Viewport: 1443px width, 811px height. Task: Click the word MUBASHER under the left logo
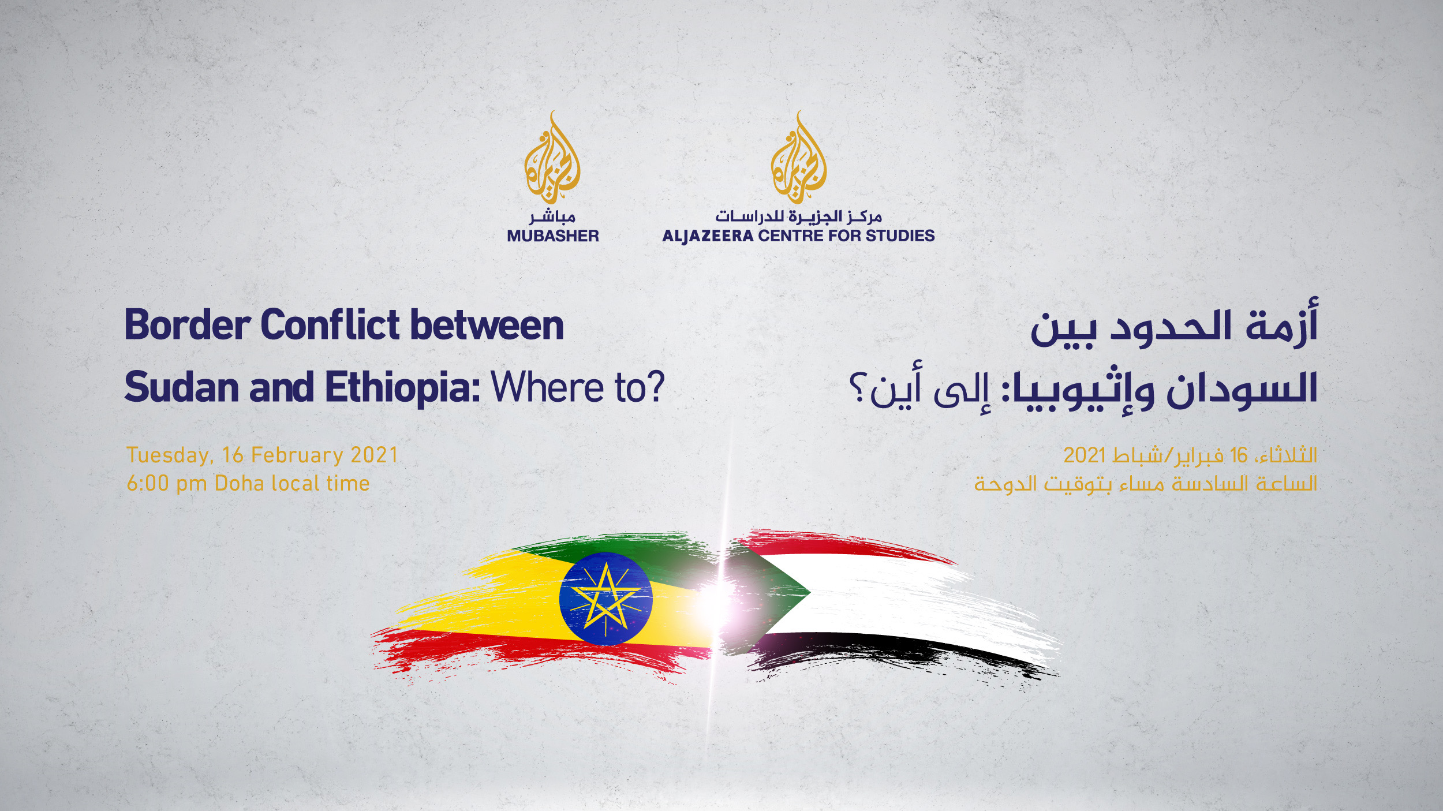(x=553, y=236)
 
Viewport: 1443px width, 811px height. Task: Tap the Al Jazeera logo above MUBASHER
(x=552, y=157)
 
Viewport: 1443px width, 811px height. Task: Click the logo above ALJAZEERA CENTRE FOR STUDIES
(x=799, y=157)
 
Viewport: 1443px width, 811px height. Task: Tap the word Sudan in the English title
(x=181, y=387)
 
